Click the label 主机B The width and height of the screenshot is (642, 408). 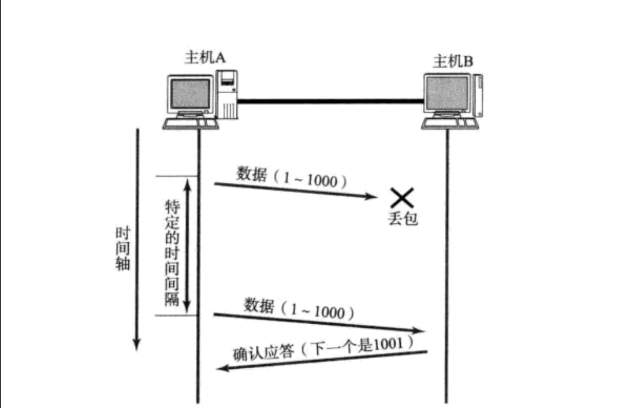point(453,61)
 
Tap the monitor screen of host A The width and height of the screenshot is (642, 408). point(190,94)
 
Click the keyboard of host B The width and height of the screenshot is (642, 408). point(450,124)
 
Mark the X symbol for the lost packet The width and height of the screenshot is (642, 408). point(401,198)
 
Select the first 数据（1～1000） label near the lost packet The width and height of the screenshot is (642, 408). point(291,177)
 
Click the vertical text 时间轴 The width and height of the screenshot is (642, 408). point(122,248)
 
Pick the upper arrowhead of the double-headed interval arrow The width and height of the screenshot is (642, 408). point(188,182)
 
